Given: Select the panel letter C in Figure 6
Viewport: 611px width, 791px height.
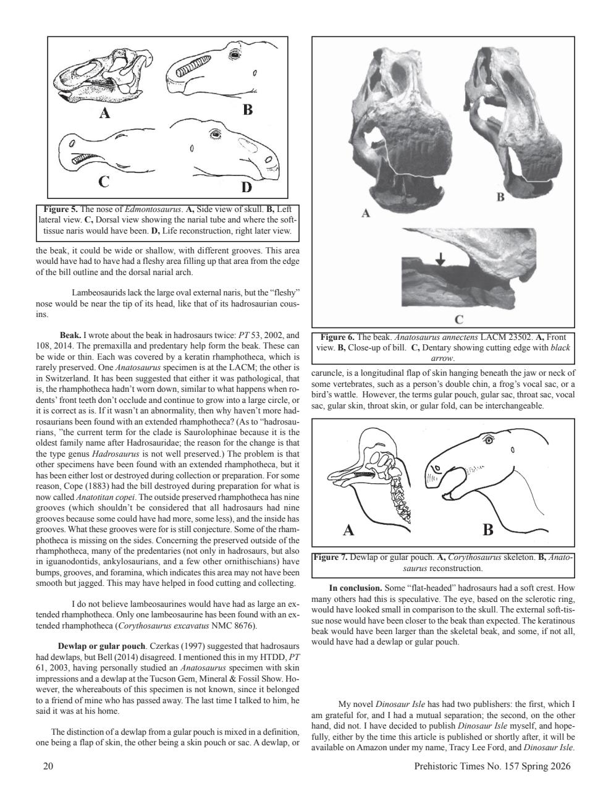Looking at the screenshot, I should (459, 319).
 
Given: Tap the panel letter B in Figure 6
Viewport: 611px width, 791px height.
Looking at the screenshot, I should (500, 197).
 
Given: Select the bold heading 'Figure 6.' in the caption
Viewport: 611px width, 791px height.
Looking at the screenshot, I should (337, 337).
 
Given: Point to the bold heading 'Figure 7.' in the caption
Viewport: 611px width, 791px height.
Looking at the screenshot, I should (331, 557).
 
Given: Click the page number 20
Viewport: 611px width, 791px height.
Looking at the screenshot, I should (48, 767).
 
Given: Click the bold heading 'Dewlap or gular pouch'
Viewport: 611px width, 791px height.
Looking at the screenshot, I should (101, 646).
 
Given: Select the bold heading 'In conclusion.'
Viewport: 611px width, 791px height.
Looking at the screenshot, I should (355, 588).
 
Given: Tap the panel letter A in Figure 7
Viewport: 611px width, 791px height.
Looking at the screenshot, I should (348, 530).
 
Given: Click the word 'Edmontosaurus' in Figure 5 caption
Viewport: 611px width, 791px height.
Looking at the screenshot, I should (145, 209).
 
